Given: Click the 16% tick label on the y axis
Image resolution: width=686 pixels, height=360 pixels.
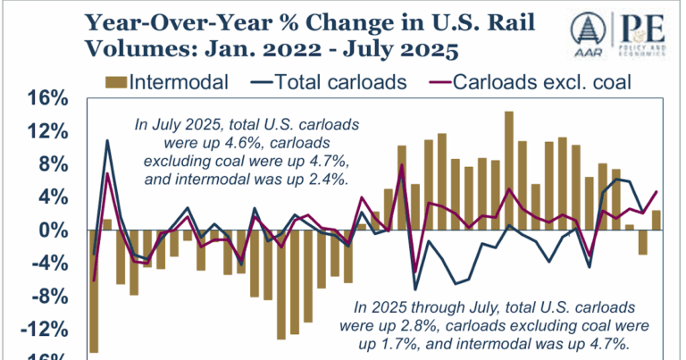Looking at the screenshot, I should coord(41,98).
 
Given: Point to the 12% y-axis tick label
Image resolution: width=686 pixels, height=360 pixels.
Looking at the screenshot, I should coord(41,131).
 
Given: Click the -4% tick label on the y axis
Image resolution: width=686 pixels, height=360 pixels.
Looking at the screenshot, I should coord(44,263).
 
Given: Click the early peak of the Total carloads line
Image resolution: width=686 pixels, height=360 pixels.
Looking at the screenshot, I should coord(107,140).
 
